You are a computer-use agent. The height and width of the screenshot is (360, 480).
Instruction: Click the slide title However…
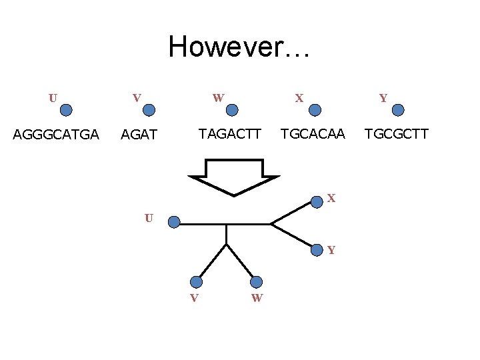click(239, 47)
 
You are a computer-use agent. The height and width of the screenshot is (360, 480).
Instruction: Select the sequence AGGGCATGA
click(57, 135)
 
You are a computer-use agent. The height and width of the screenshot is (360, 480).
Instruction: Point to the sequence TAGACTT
click(231, 134)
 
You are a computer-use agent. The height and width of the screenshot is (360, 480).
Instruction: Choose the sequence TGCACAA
click(313, 134)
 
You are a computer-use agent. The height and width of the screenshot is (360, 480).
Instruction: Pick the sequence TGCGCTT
click(396, 134)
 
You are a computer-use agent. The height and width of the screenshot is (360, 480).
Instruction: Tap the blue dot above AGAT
click(150, 110)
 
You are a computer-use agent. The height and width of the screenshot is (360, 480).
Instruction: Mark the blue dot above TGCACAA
click(315, 110)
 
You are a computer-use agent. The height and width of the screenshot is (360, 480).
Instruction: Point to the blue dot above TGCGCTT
click(397, 110)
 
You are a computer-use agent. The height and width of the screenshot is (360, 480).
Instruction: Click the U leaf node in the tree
click(173, 222)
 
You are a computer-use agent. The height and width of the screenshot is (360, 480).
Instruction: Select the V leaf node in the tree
click(196, 282)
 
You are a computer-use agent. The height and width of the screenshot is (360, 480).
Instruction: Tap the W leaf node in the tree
click(257, 282)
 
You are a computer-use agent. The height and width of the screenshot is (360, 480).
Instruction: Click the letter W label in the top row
click(218, 98)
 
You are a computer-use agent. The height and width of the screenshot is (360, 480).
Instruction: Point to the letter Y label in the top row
click(383, 99)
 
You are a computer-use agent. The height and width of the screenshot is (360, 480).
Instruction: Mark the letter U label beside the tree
click(149, 218)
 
